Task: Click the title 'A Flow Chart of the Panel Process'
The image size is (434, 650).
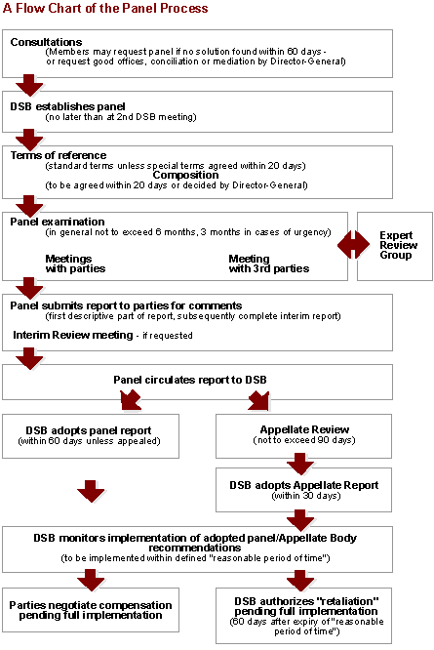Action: (x=105, y=8)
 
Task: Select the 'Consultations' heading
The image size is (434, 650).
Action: (x=46, y=42)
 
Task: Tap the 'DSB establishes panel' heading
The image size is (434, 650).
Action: (x=67, y=106)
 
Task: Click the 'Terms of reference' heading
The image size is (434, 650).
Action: (x=59, y=155)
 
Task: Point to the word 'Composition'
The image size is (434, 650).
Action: (x=185, y=176)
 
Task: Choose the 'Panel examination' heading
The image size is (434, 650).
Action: (x=58, y=222)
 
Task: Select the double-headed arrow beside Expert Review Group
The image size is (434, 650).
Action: (x=353, y=245)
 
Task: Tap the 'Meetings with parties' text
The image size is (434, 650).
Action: (x=75, y=264)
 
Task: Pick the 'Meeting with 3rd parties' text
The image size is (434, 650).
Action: (x=269, y=264)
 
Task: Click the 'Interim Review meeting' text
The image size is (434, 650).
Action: (x=73, y=335)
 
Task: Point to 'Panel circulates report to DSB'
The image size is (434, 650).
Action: (x=190, y=380)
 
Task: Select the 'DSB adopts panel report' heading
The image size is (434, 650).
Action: (x=89, y=430)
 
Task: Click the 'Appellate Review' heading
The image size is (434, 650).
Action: (x=304, y=429)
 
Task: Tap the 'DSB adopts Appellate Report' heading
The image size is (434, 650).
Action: (x=304, y=485)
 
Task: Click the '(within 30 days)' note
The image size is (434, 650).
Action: (x=306, y=496)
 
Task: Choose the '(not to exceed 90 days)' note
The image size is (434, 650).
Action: (x=304, y=440)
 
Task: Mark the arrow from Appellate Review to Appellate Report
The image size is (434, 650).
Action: (x=300, y=464)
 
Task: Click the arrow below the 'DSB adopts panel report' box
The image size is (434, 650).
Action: (x=91, y=492)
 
